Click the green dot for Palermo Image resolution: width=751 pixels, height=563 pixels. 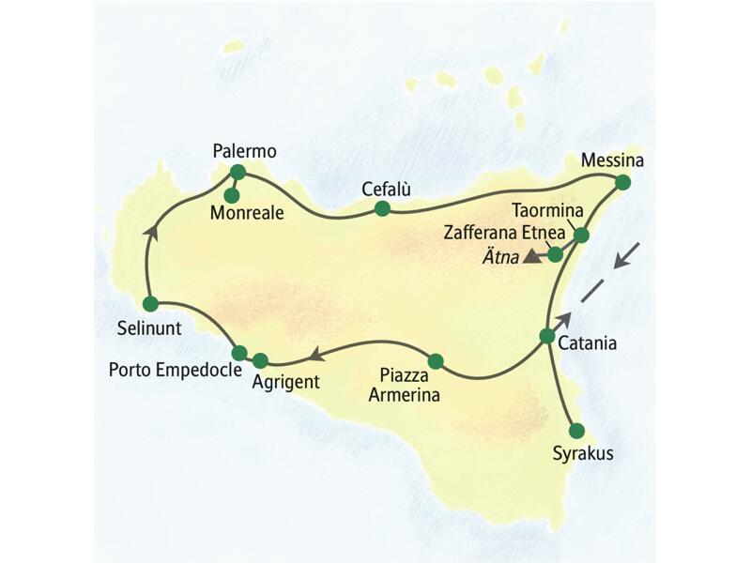(238, 172)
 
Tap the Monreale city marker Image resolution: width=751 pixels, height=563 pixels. (232, 195)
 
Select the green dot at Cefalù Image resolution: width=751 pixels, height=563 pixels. (382, 208)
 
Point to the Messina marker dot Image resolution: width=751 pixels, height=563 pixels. (622, 184)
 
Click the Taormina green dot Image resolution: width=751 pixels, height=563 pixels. (581, 236)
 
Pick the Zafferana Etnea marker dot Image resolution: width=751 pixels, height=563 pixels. (556, 253)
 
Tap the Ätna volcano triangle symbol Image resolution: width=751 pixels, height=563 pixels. (532, 255)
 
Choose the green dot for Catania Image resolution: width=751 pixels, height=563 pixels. (547, 335)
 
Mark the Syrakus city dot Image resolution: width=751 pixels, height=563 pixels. (576, 431)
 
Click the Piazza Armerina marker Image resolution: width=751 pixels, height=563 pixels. (435, 360)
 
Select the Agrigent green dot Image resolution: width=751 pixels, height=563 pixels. (260, 359)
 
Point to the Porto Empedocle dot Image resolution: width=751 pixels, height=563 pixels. (239, 353)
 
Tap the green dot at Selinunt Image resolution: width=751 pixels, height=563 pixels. (150, 303)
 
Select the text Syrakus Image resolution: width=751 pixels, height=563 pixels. (582, 454)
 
